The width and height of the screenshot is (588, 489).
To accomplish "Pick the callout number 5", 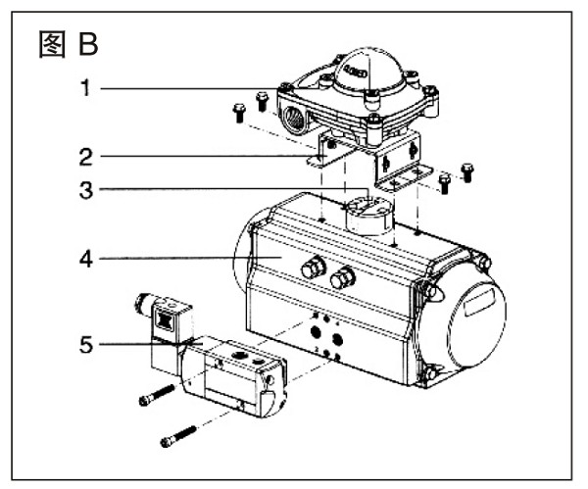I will [86, 344].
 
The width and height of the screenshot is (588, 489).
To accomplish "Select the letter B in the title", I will [89, 44].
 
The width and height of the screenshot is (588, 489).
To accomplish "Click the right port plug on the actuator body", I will [341, 280].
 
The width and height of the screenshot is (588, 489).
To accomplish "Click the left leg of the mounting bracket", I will [325, 154].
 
